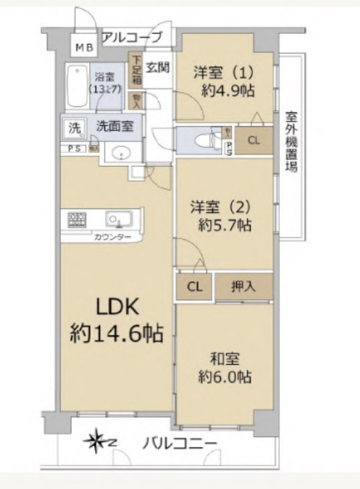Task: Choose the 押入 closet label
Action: pos(244,286)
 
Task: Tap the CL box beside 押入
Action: pos(195,286)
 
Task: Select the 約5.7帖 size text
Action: pos(224,225)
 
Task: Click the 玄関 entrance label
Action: pos(157,68)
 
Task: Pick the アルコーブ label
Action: pos(131,35)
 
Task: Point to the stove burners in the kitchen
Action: pos(78,218)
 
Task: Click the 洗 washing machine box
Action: pos(75,126)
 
